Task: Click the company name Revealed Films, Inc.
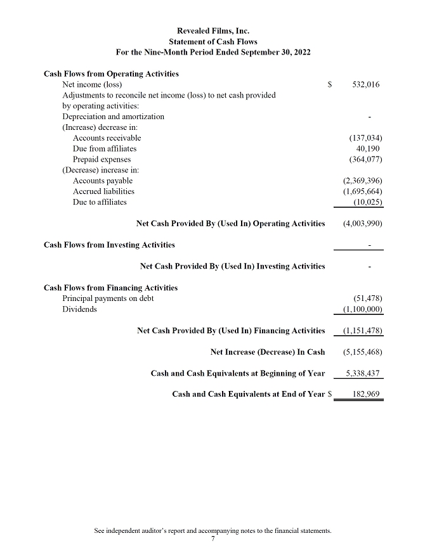click(x=213, y=30)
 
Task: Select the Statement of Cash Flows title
click(x=213, y=41)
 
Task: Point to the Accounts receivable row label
click(x=107, y=138)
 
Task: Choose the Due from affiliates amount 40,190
click(x=369, y=149)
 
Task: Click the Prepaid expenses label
click(x=101, y=160)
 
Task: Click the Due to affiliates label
click(x=100, y=203)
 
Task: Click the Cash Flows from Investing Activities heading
click(x=109, y=245)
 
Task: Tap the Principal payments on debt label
click(x=108, y=298)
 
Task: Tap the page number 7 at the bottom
click(x=213, y=539)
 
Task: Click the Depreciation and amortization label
click(x=113, y=117)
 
